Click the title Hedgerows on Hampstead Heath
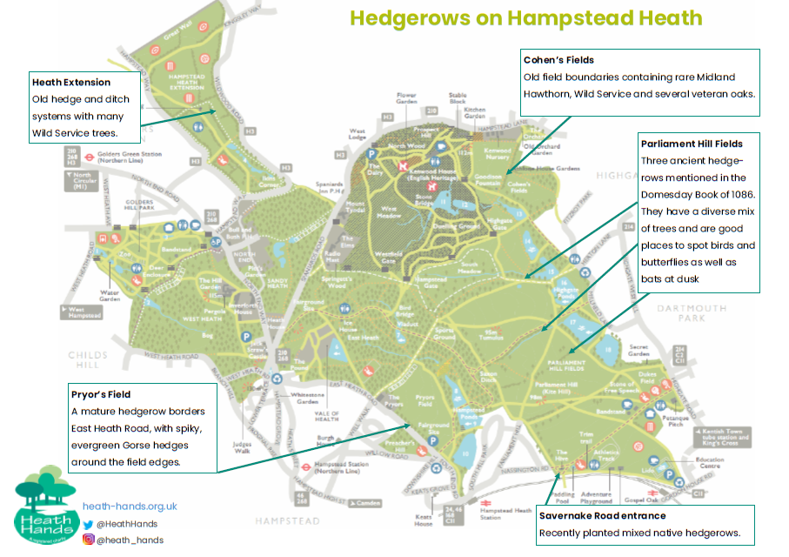tap(525, 19)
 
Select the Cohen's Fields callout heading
tap(558, 60)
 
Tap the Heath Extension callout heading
tap(71, 83)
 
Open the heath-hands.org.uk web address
tap(130, 506)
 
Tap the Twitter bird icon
tap(89, 524)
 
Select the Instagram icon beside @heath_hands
tap(89, 540)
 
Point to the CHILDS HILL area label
tap(88, 360)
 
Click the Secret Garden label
tap(639, 351)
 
